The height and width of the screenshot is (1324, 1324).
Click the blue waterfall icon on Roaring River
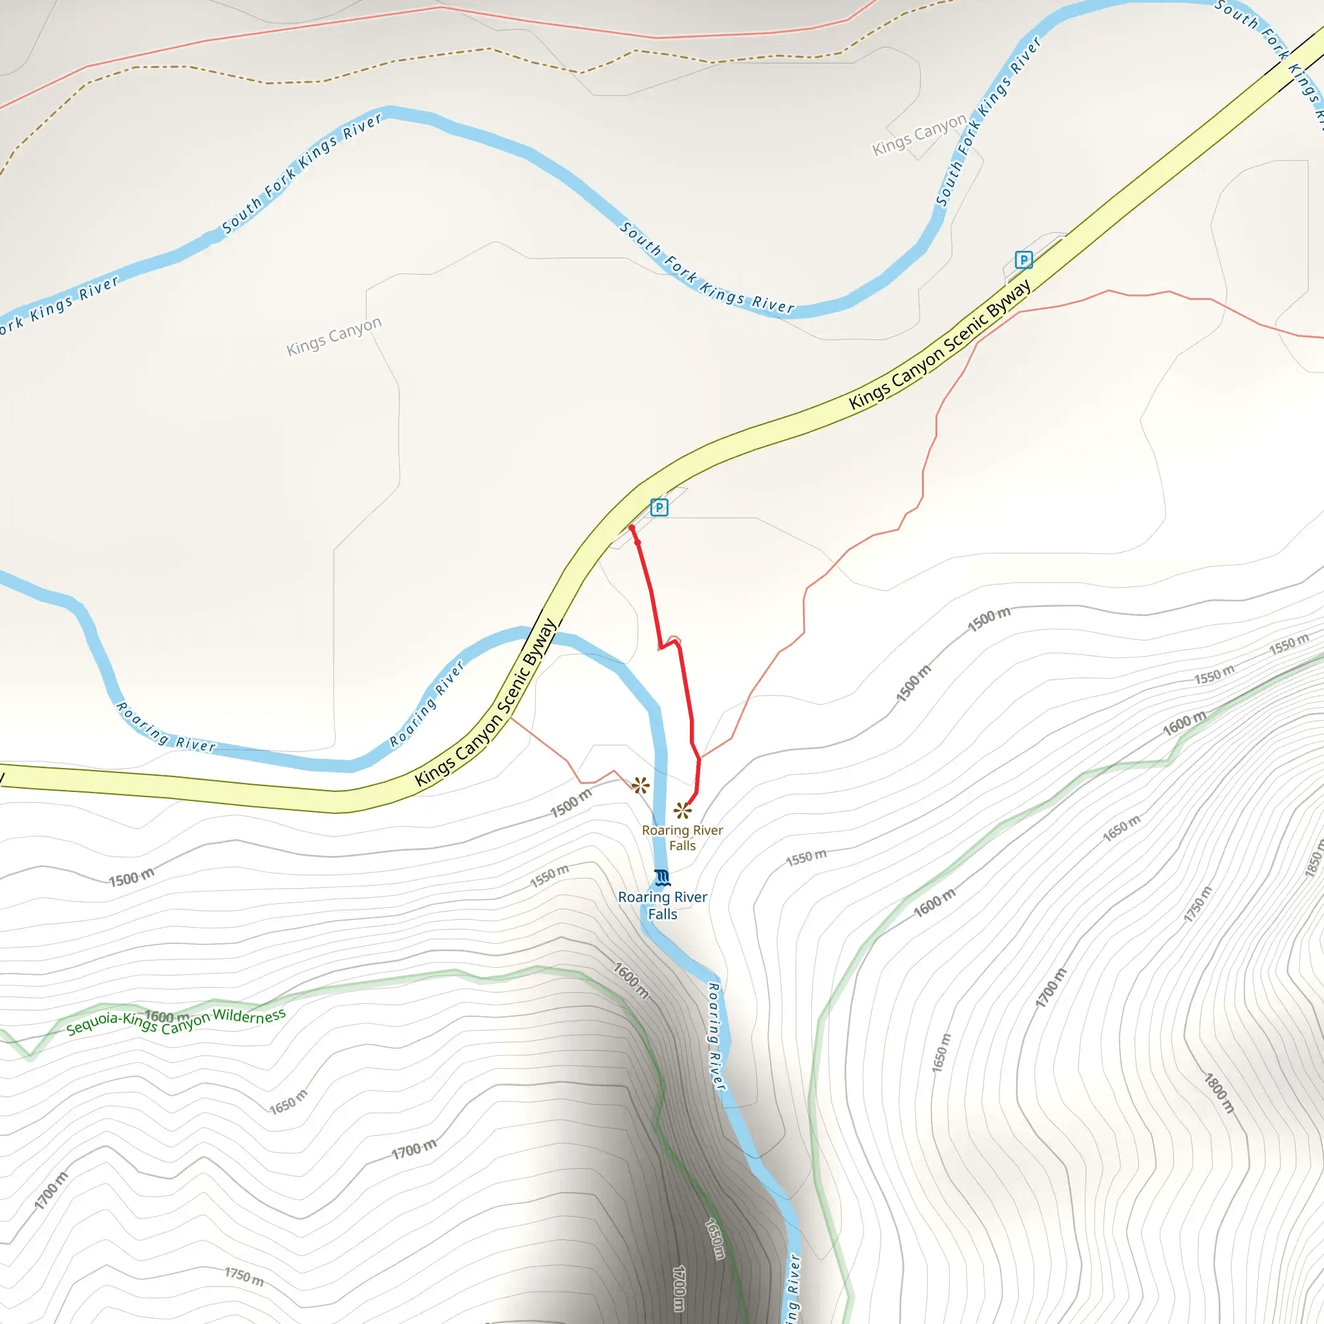(662, 877)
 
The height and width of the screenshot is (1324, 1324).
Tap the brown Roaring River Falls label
(683, 837)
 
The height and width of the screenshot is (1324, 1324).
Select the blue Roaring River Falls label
(663, 904)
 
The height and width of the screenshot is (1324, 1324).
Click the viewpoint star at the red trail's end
(683, 811)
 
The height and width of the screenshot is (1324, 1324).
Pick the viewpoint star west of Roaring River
(641, 785)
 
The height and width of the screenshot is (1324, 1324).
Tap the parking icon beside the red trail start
(659, 507)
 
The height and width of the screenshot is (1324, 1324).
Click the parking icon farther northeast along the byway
(1023, 260)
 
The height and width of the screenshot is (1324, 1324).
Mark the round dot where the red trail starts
(631, 528)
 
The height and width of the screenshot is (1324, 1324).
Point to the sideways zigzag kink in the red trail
(670, 642)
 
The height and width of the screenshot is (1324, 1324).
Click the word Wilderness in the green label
(249, 1016)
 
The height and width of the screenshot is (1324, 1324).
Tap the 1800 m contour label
(1219, 1093)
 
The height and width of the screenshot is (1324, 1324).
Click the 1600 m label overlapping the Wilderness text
(167, 1016)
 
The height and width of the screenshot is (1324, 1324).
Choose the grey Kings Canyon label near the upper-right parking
(919, 135)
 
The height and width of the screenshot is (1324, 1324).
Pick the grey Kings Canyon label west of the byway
(334, 336)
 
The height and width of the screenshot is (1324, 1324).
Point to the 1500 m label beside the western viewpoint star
(571, 802)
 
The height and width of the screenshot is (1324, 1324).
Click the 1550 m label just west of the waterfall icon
(549, 877)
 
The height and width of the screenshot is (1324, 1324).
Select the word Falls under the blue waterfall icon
(663, 914)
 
